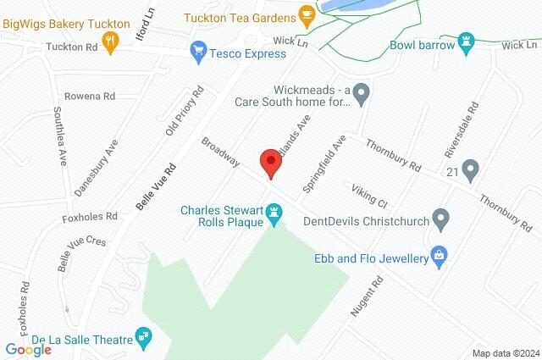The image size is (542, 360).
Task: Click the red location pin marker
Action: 270,162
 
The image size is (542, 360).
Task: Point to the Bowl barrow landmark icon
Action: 465,42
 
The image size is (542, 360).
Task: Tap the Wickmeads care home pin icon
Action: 362,94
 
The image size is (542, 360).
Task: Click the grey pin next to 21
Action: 470,171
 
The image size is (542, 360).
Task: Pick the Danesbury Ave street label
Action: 95,174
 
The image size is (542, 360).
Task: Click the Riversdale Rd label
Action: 462,130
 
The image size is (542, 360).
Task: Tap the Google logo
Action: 28,350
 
